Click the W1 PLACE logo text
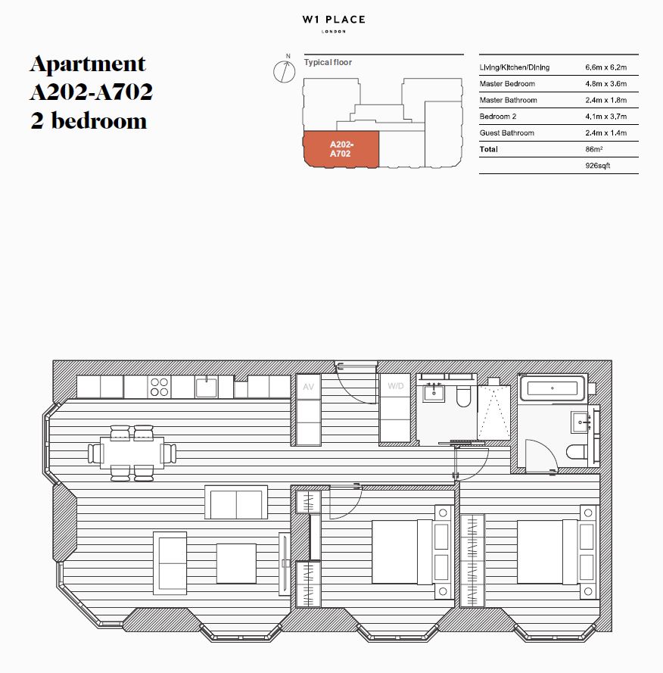click(334, 20)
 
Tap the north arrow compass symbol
click(284, 70)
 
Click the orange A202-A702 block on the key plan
click(341, 149)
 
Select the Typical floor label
click(328, 62)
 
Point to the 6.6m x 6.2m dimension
click(606, 67)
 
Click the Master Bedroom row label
click(507, 84)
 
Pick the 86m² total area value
click(594, 149)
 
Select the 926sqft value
click(597, 166)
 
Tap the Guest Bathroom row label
click(507, 133)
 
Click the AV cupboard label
click(309, 387)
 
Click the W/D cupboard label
click(396, 386)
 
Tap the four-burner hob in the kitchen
click(159, 387)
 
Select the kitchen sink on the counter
click(207, 387)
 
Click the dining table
click(132, 453)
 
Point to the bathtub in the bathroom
click(552, 388)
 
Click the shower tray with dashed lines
click(493, 413)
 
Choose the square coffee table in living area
click(236, 563)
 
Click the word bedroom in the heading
click(99, 120)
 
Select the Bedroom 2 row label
click(498, 117)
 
